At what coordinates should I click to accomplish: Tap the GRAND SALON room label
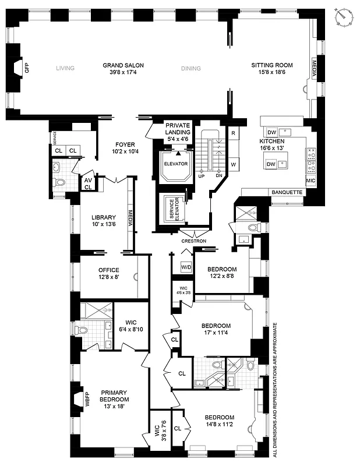pyautogui.click(x=123, y=65)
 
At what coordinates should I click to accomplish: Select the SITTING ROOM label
pyautogui.click(x=271, y=65)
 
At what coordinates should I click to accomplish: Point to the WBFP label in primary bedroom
pyautogui.click(x=87, y=400)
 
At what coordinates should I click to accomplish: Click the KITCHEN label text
pyautogui.click(x=272, y=142)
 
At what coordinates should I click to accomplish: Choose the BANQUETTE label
pyautogui.click(x=287, y=192)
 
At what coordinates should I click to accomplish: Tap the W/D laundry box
pyautogui.click(x=186, y=267)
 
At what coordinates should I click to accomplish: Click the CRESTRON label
pyautogui.click(x=193, y=241)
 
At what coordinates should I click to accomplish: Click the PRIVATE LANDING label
pyautogui.click(x=178, y=129)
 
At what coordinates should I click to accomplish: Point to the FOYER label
pyautogui.click(x=125, y=144)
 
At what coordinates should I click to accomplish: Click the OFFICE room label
pyautogui.click(x=108, y=270)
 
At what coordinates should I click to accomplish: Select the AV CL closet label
pyautogui.click(x=88, y=183)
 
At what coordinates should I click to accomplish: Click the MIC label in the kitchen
pyautogui.click(x=310, y=181)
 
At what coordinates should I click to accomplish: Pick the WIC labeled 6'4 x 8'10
pyautogui.click(x=127, y=325)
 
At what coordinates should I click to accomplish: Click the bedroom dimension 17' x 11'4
pyautogui.click(x=216, y=333)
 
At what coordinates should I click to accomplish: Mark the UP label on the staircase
pyautogui.click(x=202, y=175)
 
